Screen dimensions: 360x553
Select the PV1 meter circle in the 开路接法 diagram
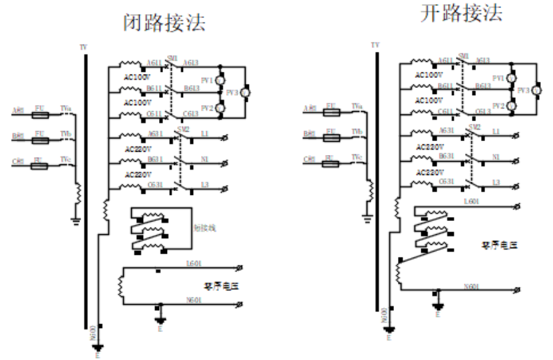coord(510,78)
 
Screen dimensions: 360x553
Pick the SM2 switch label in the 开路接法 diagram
coord(474,127)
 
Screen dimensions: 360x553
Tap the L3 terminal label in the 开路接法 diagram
coord(494,182)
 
